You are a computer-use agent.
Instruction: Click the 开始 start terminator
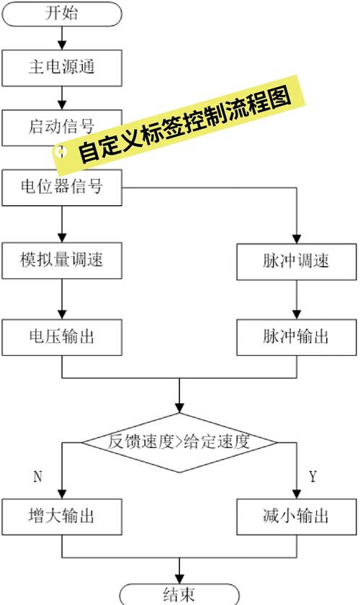tap(61, 14)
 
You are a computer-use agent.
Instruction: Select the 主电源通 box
tap(61, 68)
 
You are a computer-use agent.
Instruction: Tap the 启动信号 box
tap(43, 127)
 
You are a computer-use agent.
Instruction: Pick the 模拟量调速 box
tap(61, 260)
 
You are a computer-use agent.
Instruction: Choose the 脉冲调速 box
tap(296, 260)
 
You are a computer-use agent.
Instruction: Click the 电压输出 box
tap(61, 336)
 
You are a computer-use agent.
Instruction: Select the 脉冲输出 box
tap(296, 336)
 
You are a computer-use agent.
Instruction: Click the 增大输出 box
tap(61, 516)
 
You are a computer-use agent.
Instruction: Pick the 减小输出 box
tap(296, 516)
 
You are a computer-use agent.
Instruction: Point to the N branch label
tap(37, 477)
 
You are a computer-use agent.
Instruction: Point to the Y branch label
tap(312, 477)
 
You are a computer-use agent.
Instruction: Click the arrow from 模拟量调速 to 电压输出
tap(61, 298)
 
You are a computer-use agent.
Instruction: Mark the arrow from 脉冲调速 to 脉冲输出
tap(296, 298)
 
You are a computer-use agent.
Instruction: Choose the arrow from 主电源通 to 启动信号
tap(61, 97)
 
